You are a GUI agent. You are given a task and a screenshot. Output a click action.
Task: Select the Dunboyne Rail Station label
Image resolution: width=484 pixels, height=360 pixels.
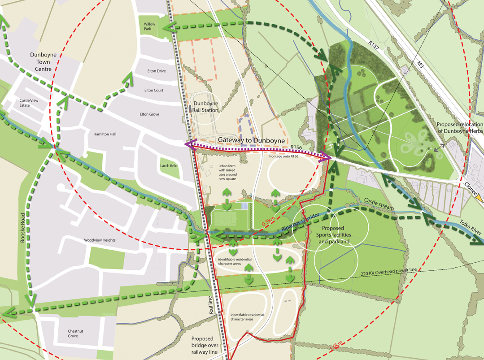point(205,106)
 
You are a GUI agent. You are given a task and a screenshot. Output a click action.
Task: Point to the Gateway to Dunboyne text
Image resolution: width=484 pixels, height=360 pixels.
point(251,140)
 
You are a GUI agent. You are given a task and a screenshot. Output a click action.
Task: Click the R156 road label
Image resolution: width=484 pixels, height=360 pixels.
point(297,147)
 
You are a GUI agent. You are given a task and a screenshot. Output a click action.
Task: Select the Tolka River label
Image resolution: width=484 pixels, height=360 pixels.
point(470,227)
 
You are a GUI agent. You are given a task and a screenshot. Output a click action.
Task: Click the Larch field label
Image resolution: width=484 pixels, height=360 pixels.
point(169,165)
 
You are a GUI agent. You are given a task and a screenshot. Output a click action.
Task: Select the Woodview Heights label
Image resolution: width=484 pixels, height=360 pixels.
point(100,240)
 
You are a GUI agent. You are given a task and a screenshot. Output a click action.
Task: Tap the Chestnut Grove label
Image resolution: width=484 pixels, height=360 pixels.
point(73,333)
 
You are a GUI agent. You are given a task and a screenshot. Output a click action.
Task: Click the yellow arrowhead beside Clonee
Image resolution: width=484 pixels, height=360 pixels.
point(480,197)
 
